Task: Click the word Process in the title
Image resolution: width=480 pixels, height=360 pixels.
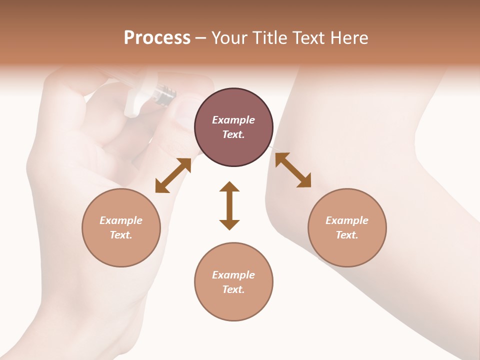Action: [157, 38]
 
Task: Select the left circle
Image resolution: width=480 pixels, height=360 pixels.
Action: [121, 227]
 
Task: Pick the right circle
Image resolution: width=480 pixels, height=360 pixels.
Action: [347, 227]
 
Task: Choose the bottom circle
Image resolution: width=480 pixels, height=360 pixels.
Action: [233, 281]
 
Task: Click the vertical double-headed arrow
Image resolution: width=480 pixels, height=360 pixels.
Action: [229, 205]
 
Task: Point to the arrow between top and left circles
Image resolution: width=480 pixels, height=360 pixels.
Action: [173, 175]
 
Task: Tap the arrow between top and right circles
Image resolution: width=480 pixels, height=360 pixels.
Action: [293, 170]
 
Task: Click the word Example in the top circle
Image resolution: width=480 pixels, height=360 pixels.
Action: [233, 120]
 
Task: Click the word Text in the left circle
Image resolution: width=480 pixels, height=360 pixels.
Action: [121, 235]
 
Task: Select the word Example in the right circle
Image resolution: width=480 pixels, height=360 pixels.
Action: [347, 220]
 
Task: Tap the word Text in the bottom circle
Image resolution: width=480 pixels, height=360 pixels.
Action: [233, 289]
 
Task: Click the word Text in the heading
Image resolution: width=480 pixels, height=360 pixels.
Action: [306, 38]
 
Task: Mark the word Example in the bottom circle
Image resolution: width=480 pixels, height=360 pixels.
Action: [233, 275]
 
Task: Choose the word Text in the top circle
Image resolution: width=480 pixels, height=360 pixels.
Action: [233, 134]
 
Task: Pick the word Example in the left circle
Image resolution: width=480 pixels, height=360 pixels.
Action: [121, 220]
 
